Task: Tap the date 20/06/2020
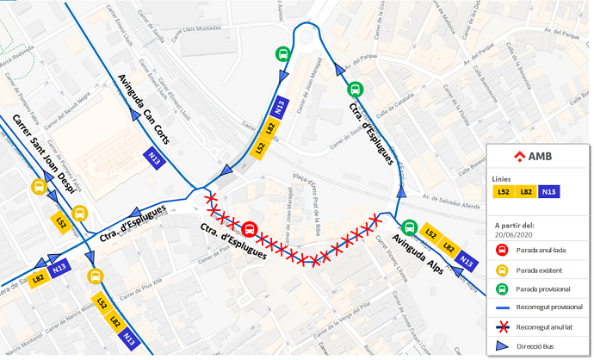(515, 234)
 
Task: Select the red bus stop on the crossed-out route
(250, 229)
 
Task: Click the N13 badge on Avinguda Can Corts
(156, 158)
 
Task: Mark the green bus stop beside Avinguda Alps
(409, 230)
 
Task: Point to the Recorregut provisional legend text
(550, 307)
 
